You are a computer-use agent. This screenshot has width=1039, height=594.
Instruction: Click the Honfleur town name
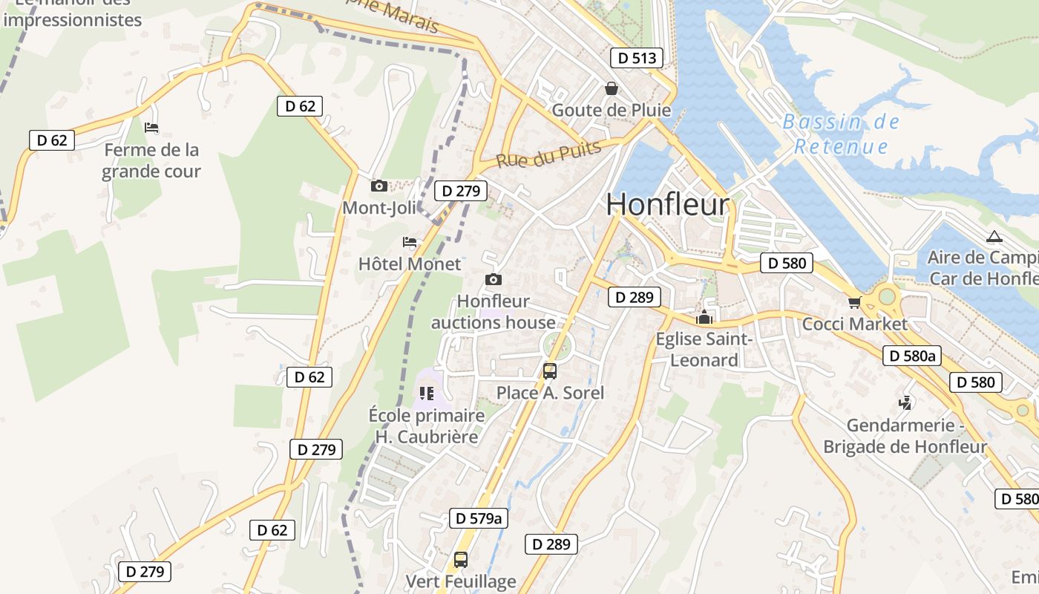point(668,204)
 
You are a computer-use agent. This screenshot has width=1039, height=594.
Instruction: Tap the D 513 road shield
point(637,58)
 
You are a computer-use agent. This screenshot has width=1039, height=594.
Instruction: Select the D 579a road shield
point(479,518)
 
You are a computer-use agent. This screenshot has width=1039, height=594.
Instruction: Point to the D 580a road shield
point(912,356)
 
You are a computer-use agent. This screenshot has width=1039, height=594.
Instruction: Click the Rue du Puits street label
point(548,154)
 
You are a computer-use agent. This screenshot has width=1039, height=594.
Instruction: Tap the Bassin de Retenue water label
point(841,134)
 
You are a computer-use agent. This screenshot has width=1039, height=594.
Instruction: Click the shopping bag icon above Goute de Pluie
point(612,88)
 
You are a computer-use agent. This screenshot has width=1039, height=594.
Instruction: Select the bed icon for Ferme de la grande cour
point(151,128)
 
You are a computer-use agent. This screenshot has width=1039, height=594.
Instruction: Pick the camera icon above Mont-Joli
point(379,186)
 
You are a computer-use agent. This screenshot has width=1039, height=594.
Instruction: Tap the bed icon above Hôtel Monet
point(410,241)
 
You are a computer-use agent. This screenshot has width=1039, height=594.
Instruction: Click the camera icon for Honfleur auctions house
point(494,279)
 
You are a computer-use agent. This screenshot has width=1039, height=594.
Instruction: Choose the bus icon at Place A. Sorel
point(550,371)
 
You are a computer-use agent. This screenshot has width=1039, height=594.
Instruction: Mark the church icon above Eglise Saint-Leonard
point(704,318)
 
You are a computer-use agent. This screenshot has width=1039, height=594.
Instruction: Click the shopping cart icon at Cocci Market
point(854,302)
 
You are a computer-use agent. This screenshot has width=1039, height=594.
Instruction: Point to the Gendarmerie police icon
point(905,404)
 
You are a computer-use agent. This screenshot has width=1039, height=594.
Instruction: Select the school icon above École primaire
point(426,393)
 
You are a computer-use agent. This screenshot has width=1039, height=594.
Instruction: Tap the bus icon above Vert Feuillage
point(461,559)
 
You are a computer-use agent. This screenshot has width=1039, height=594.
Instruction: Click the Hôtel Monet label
point(410,264)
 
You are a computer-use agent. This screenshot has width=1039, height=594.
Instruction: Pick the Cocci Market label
point(854,324)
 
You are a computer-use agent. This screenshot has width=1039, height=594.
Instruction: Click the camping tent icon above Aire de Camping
point(994,237)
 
